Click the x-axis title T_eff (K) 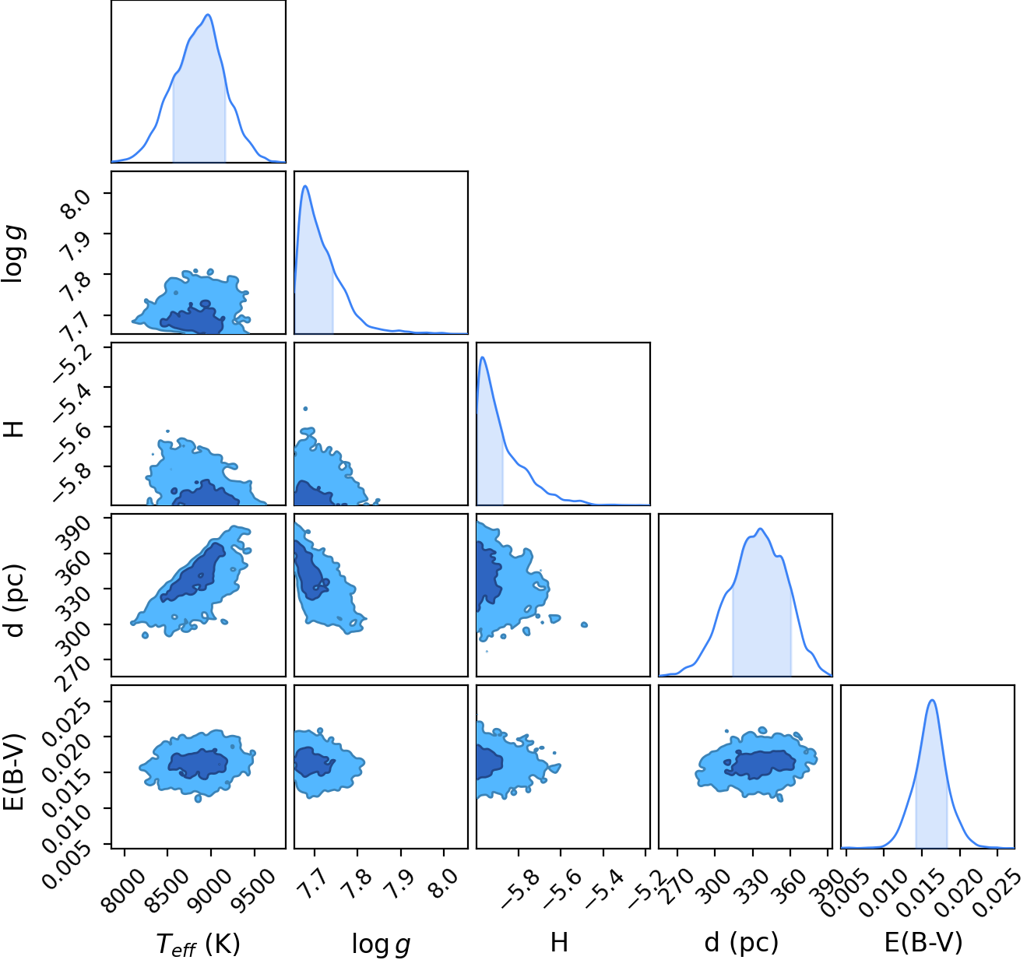point(198,943)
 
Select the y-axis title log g point(13,255)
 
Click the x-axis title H point(559,942)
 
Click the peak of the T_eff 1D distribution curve point(208,14)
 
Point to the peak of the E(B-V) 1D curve point(932,701)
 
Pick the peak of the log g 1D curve point(305,185)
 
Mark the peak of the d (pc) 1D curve point(760,529)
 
